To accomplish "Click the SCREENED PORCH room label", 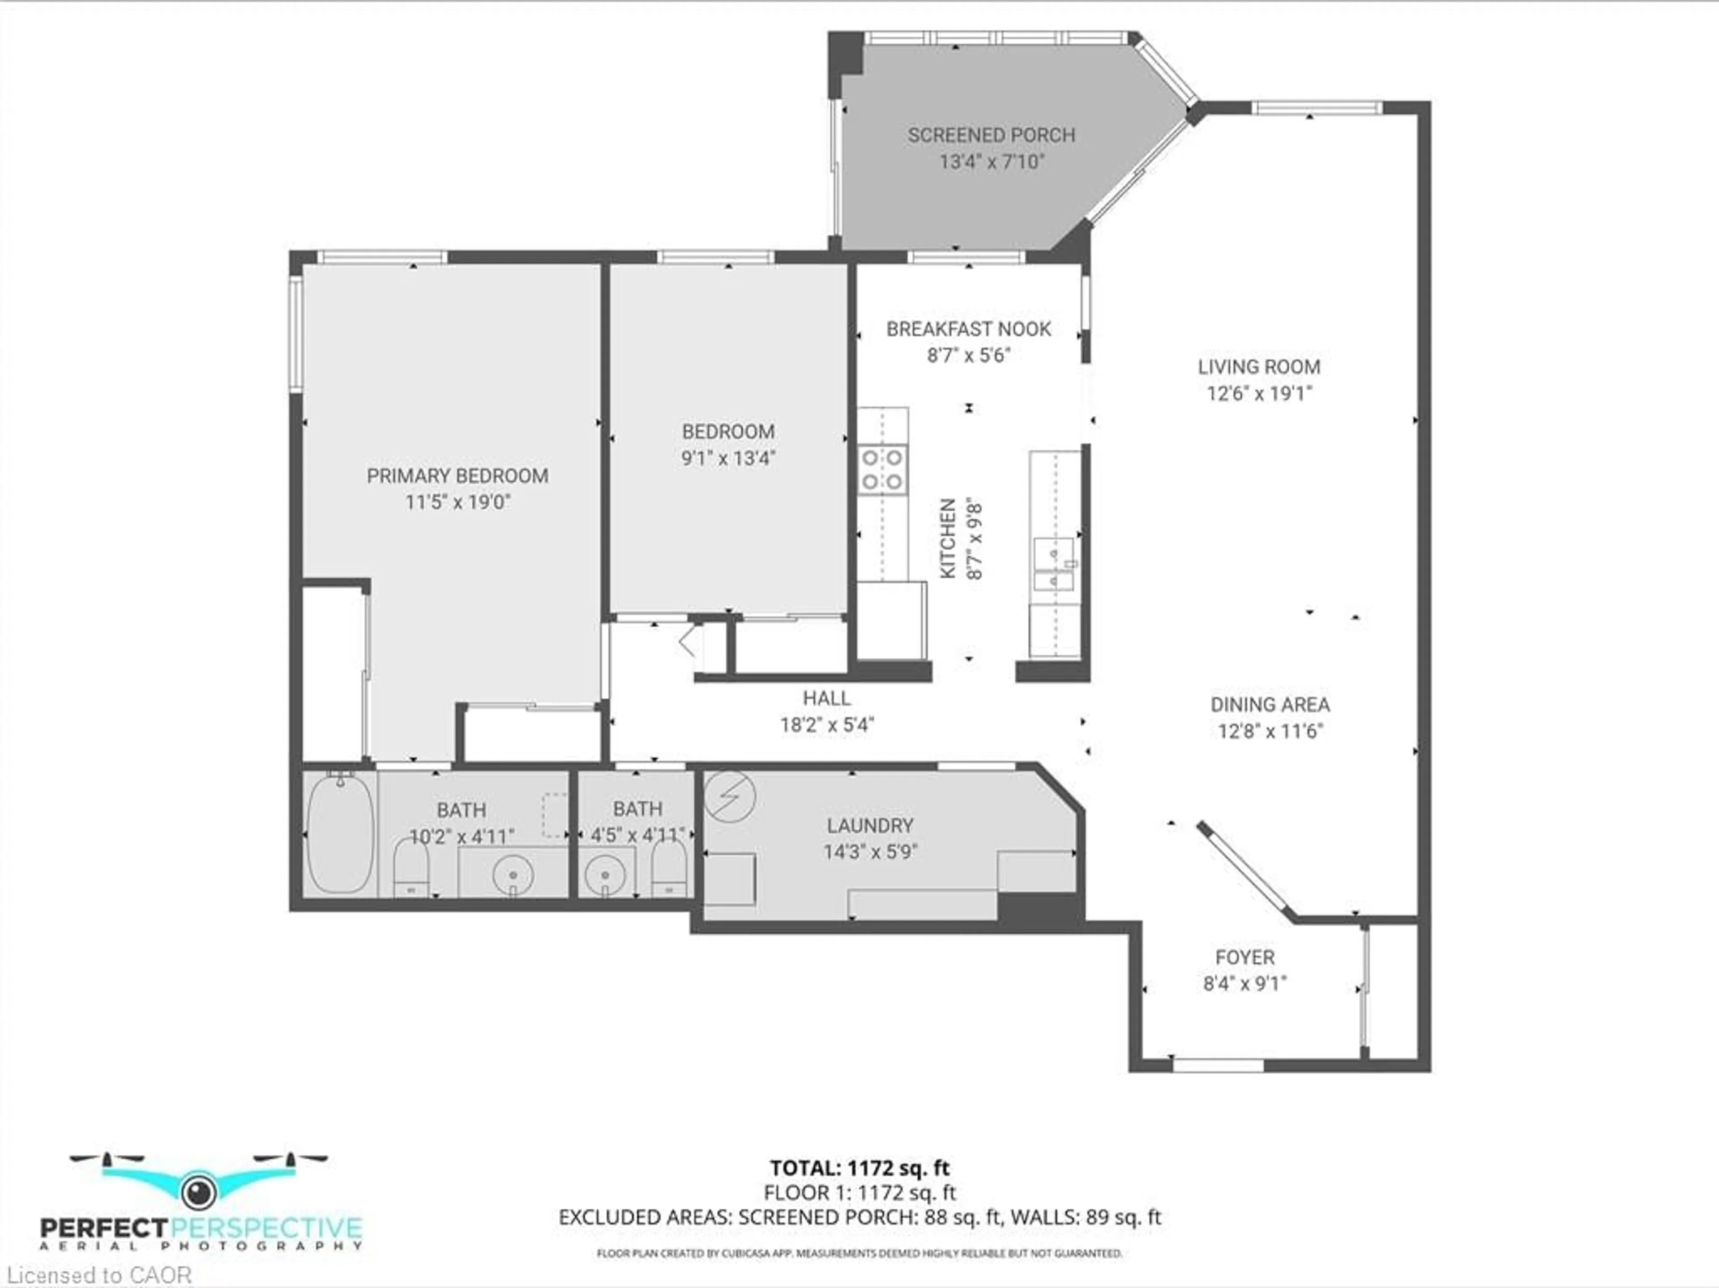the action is pyautogui.click(x=992, y=135).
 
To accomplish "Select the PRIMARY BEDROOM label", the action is pyautogui.click(x=458, y=476).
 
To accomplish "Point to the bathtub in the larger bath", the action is pyautogui.click(x=340, y=833).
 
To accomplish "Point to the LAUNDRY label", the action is pyautogui.click(x=870, y=826).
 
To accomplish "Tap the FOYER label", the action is pyautogui.click(x=1245, y=957).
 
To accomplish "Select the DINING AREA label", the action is pyautogui.click(x=1270, y=705).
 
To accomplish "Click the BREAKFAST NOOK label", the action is pyautogui.click(x=968, y=329).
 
